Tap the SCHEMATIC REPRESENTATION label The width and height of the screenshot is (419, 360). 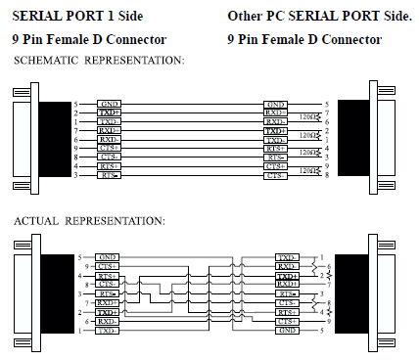click(99, 61)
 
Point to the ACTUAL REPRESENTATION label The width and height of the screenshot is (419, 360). click(89, 221)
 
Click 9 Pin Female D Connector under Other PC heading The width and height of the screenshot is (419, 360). click(303, 40)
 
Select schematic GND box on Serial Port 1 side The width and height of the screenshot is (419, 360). click(109, 104)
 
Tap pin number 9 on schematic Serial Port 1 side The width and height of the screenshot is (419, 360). click(75, 148)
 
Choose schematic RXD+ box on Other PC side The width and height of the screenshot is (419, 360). click(276, 112)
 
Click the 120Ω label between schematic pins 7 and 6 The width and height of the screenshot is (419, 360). click(310, 116)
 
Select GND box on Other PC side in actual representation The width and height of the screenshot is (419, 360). click(288, 331)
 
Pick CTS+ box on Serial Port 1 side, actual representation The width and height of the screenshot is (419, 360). click(108, 265)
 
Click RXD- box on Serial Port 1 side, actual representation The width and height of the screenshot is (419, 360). click(108, 321)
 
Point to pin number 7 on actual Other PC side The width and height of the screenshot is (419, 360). click(338, 284)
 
